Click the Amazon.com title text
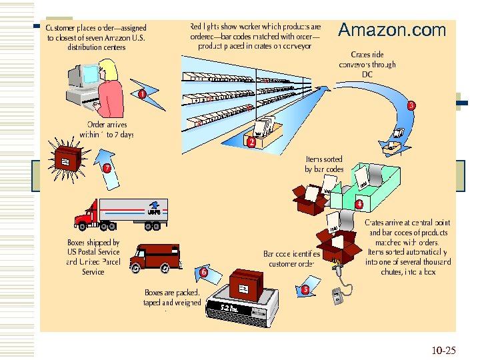coord(391,30)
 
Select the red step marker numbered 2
coord(251,143)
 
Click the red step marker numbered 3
coord(411,105)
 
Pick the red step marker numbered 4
coord(359,204)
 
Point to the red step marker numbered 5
coord(305,289)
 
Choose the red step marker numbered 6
coord(203,272)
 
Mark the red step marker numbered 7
coord(106,168)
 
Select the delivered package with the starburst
coord(65,163)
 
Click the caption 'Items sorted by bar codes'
coord(324,164)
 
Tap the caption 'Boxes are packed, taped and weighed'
coord(173,297)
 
